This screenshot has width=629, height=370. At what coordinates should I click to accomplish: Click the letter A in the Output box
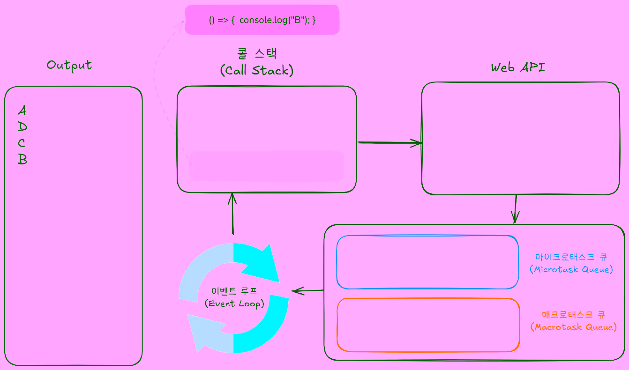[22, 111]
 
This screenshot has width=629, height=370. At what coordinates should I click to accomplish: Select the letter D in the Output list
[22, 127]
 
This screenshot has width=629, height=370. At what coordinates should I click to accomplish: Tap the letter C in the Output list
[22, 143]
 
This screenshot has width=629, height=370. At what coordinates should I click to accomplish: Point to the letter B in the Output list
[22, 159]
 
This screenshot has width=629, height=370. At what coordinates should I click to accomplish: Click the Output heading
[69, 65]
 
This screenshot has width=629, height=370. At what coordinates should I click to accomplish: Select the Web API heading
[518, 67]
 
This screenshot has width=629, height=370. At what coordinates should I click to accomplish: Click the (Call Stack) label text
[256, 70]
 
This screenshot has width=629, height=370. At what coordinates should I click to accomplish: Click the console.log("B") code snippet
[262, 20]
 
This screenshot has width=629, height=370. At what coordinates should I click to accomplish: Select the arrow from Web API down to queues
[516, 209]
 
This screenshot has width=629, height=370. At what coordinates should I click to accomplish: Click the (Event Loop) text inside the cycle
[234, 303]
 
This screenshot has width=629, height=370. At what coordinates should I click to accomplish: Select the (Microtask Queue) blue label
[571, 270]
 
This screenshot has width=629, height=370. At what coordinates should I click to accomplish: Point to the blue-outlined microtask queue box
[427, 262]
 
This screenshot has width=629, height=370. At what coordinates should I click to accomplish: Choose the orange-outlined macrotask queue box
[428, 325]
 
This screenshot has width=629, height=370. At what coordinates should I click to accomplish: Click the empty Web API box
[520, 138]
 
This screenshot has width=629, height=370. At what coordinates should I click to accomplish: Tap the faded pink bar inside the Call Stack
[266, 166]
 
